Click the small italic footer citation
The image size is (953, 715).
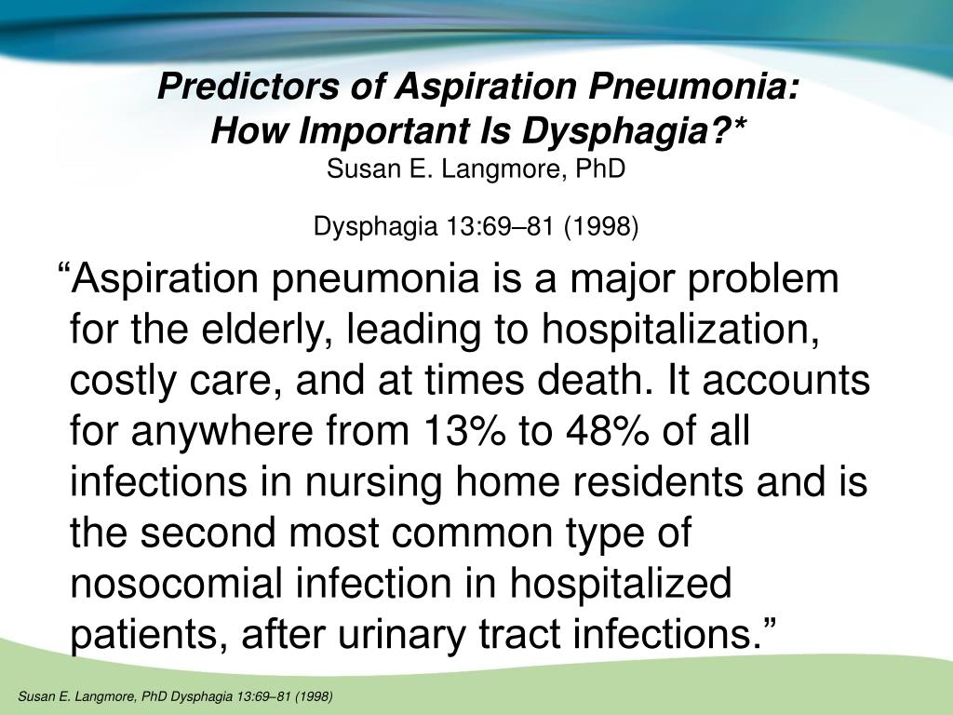176,696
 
